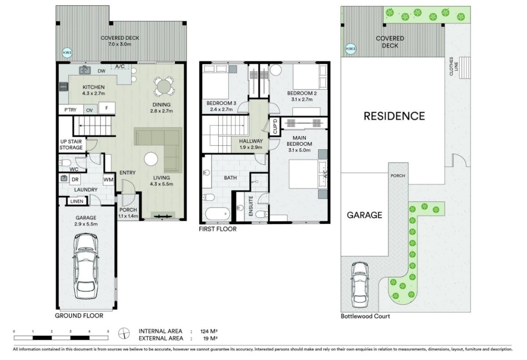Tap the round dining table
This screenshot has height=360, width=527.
click(x=163, y=86)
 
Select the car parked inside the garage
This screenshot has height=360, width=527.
click(x=86, y=266)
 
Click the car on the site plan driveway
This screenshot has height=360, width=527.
click(x=360, y=285)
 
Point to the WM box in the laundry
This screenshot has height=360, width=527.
click(x=108, y=180)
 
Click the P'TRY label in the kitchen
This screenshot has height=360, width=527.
click(x=70, y=110)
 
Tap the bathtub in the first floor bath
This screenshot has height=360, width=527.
click(x=217, y=214)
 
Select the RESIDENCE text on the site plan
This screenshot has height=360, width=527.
click(x=394, y=116)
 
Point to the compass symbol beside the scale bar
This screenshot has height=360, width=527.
click(x=125, y=334)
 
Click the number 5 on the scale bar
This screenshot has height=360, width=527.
click(x=108, y=331)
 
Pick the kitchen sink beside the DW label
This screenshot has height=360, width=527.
click(x=85, y=70)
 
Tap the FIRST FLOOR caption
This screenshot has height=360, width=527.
click(x=218, y=229)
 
